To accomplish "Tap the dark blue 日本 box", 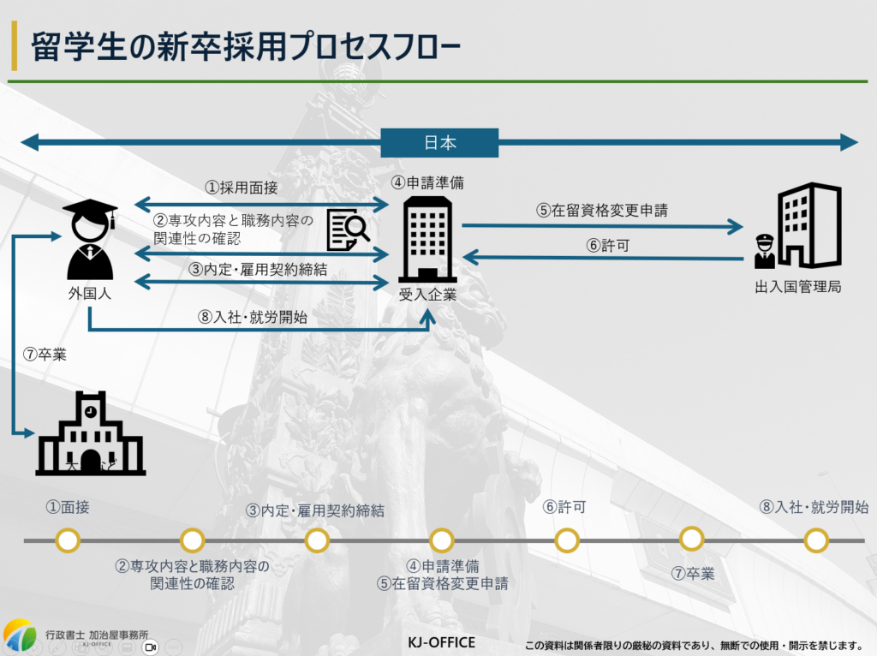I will (439, 142).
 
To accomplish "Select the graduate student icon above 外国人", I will (90, 239).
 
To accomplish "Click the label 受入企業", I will (428, 295).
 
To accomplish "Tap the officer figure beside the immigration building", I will (764, 252).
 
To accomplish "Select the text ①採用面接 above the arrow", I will (241, 187).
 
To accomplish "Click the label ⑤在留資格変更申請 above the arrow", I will (602, 208).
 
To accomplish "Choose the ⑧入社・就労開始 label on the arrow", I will (252, 316).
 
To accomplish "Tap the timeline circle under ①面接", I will (68, 540).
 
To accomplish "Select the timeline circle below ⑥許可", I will (566, 540).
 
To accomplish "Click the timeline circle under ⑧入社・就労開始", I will (816, 540).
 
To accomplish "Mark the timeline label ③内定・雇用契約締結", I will (315, 510).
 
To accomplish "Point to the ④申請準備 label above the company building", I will (428, 182).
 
